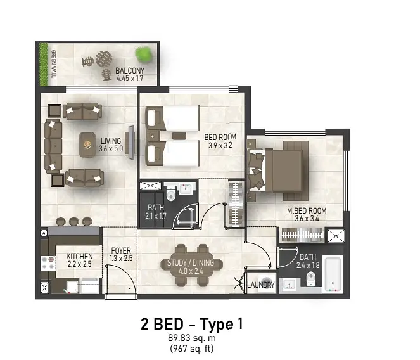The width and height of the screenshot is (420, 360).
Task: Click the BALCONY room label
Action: (x=130, y=71)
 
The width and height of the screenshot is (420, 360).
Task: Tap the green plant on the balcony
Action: (x=143, y=55)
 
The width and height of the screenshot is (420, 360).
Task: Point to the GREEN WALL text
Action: (x=53, y=64)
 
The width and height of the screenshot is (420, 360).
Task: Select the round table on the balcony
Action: (x=104, y=59)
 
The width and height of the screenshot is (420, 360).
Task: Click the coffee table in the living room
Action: (x=87, y=145)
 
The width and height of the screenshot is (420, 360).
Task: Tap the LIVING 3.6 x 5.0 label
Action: (x=111, y=145)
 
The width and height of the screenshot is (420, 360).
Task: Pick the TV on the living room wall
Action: (x=131, y=143)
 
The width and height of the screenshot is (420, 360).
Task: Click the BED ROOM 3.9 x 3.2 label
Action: (x=220, y=141)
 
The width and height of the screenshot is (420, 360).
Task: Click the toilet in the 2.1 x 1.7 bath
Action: (x=170, y=194)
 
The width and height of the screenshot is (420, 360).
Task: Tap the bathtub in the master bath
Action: (x=333, y=274)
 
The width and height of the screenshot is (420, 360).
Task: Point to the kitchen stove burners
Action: (x=48, y=263)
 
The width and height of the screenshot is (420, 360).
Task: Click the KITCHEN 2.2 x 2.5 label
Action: (x=79, y=260)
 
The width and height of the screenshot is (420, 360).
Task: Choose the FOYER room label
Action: (x=121, y=251)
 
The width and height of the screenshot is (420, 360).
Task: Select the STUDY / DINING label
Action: (x=191, y=262)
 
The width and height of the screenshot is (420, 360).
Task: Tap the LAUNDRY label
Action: (x=261, y=285)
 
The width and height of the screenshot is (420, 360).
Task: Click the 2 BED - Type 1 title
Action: (x=192, y=324)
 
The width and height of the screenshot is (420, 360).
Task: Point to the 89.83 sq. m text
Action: (x=192, y=338)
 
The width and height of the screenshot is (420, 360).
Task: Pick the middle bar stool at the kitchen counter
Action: (x=73, y=221)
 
